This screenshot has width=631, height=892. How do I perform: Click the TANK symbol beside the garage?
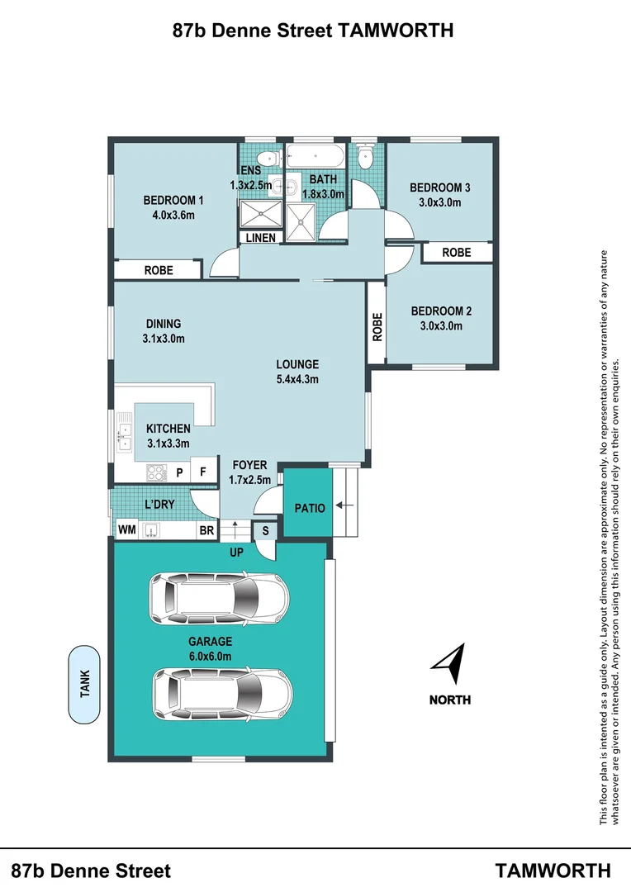click(x=84, y=685)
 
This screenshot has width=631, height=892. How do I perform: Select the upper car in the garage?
click(x=219, y=599)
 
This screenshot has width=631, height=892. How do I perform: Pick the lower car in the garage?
click(x=223, y=695)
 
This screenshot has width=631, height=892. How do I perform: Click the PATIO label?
click(x=310, y=508)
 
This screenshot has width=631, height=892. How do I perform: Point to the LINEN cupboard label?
click(x=261, y=238)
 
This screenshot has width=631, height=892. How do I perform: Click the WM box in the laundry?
click(x=127, y=529)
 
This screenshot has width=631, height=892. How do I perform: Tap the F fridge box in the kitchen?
click(x=203, y=472)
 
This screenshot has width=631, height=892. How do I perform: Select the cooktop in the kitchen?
click(x=157, y=472)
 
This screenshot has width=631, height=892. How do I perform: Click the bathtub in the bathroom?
click(x=315, y=156)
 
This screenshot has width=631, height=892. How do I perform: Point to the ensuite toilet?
click(x=268, y=158)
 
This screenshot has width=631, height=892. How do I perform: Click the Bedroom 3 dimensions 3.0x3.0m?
click(x=440, y=202)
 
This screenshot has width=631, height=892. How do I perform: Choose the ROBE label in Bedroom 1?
click(x=159, y=270)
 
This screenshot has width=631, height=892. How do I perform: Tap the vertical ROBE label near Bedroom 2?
click(x=377, y=326)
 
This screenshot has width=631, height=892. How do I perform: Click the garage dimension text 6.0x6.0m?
click(x=210, y=656)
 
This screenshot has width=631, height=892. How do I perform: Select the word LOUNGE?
click(x=297, y=364)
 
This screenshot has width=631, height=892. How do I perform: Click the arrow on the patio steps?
click(x=344, y=505)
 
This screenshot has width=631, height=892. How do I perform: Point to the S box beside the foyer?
click(x=265, y=531)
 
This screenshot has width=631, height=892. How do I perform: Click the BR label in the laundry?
click(x=206, y=530)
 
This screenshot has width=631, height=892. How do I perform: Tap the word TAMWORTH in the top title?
click(x=396, y=31)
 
